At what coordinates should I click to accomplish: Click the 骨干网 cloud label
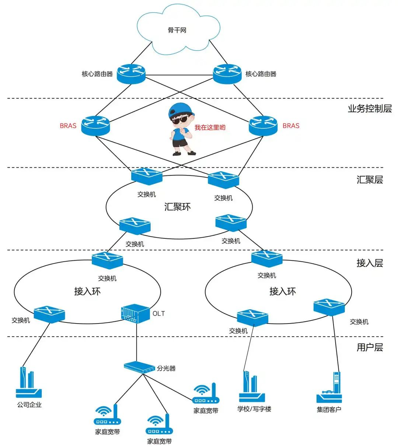click(177, 30)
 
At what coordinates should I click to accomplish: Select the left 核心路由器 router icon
click(131, 74)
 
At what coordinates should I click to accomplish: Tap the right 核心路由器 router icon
click(227, 74)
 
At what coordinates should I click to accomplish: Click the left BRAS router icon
click(95, 126)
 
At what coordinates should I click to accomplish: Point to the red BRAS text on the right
click(291, 126)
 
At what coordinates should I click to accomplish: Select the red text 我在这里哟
click(210, 128)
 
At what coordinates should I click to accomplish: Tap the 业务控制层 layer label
click(369, 109)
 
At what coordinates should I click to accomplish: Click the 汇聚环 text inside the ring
click(177, 207)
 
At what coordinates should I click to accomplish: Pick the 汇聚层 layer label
click(369, 180)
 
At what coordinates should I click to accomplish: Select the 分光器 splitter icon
click(139, 367)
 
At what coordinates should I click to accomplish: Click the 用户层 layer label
click(369, 348)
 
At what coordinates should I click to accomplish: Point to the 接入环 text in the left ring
click(87, 291)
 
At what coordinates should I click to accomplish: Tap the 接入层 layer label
click(369, 263)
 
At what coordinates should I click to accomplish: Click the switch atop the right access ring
click(267, 259)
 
